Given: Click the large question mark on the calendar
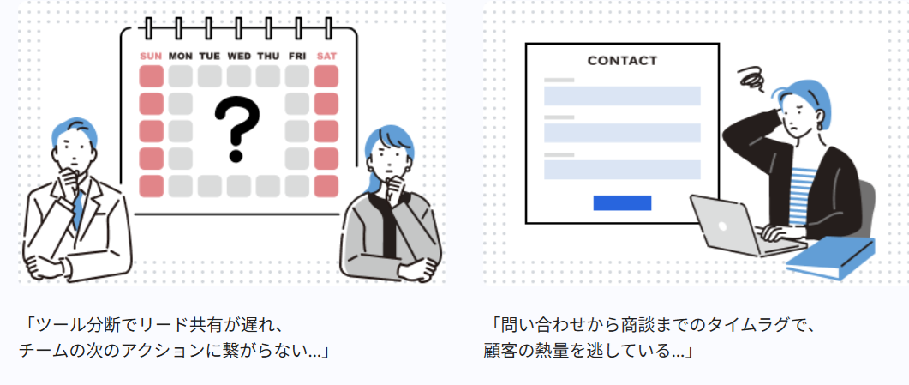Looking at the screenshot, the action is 236,129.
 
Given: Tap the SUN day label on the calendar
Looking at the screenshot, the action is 152,57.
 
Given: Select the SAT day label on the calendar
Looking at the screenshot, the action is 326,57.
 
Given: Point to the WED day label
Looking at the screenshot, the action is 239,57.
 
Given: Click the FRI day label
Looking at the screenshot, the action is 296,57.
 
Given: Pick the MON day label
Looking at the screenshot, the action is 180,57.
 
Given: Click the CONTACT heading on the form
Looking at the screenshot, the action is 622,60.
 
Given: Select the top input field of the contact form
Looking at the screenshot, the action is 622,96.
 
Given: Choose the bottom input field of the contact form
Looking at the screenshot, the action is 622,170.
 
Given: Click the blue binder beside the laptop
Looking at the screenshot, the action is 831,259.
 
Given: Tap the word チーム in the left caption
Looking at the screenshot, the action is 39,351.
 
